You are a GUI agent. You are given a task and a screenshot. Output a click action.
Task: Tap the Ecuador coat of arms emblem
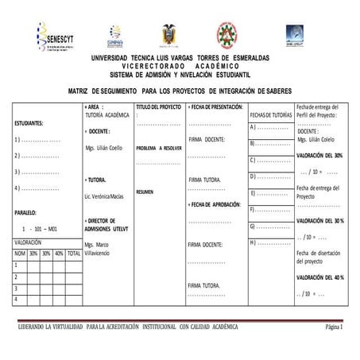point(169,37)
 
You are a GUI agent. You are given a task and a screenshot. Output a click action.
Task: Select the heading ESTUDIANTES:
point(29,123)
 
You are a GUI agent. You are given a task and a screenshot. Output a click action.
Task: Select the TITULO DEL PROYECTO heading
point(159,106)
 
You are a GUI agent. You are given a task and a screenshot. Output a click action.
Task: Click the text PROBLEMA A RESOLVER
point(159,148)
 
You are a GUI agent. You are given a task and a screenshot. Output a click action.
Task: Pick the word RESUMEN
point(145,192)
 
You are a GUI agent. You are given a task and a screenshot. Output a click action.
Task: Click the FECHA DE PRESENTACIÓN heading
point(215,106)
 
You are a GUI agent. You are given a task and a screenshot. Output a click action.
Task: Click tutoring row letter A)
point(254,127)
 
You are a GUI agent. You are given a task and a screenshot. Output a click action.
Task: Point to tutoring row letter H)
point(254,242)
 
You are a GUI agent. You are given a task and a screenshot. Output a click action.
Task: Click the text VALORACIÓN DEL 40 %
point(319,277)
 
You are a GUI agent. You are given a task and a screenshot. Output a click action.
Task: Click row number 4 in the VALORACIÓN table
point(16,299)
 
